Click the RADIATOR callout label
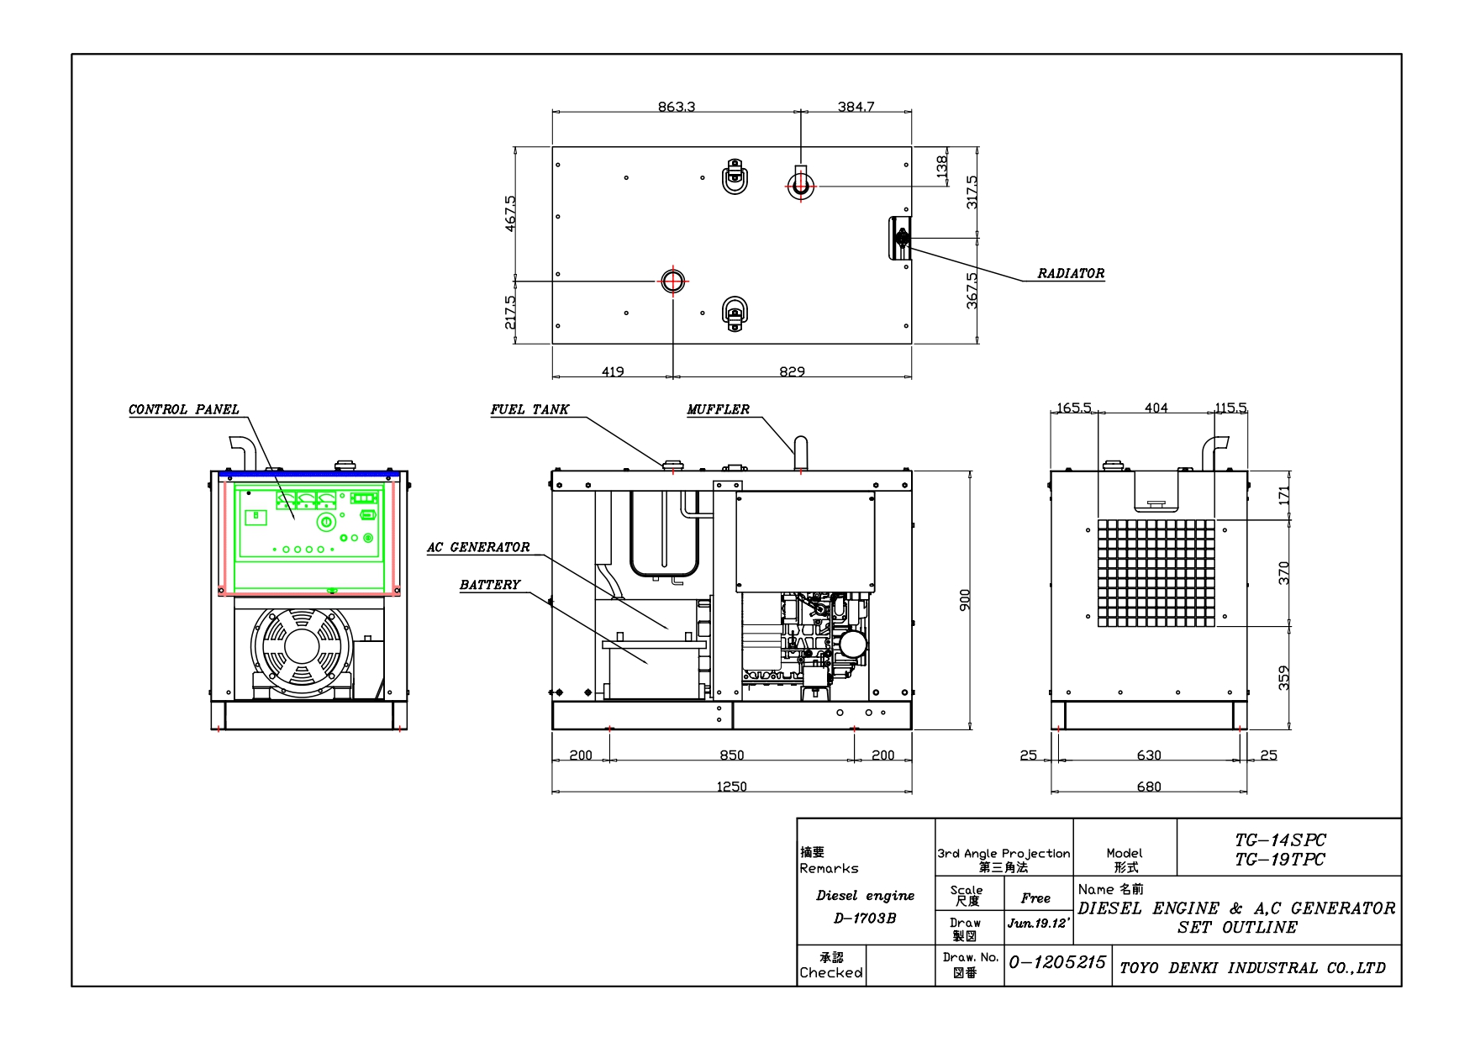tap(1070, 273)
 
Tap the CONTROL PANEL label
tap(183, 409)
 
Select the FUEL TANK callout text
tap(529, 409)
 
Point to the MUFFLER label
tap(718, 409)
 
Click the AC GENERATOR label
tap(478, 547)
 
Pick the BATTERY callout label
tap(490, 585)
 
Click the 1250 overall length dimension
tap(731, 787)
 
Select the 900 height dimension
tap(965, 600)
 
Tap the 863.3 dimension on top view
tap(676, 107)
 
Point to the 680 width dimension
tap(1148, 787)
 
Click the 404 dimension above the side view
tap(1156, 408)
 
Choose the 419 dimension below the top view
tap(613, 371)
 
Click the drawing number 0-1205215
tap(1057, 962)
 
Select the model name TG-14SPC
tap(1279, 839)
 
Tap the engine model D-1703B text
tap(865, 918)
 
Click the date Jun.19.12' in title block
tap(1039, 923)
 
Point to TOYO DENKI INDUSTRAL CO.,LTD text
tap(1252, 968)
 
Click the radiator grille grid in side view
tap(1156, 572)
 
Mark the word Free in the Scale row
tap(1035, 898)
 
